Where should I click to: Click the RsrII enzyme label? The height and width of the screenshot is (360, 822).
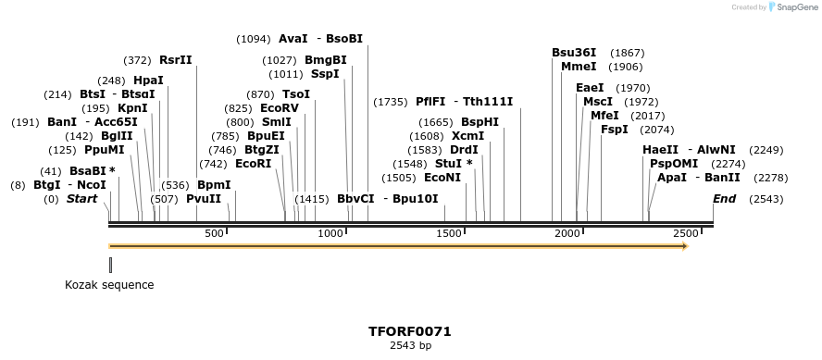point(176,60)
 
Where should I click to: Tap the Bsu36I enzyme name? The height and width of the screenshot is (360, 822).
point(574,53)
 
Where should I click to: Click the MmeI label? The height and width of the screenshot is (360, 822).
point(579,67)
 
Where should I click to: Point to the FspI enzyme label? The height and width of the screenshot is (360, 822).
point(615,130)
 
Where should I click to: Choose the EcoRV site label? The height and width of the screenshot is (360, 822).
point(280,108)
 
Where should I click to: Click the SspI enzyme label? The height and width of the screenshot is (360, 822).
point(325,74)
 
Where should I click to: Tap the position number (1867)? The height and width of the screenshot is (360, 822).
point(627,53)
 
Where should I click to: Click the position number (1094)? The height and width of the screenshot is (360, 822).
point(253,39)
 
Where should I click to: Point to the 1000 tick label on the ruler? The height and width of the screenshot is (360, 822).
point(330,233)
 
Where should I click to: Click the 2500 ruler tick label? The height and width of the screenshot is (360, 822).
point(685,233)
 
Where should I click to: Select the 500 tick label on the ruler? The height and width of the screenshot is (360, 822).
point(215,233)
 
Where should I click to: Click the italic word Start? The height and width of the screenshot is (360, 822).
point(81,199)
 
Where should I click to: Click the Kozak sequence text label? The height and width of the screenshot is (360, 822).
point(109,285)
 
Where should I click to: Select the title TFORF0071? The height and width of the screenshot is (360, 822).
point(410,330)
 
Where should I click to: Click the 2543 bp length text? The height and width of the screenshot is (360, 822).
point(410,345)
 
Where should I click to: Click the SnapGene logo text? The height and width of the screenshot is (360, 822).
point(795,7)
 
